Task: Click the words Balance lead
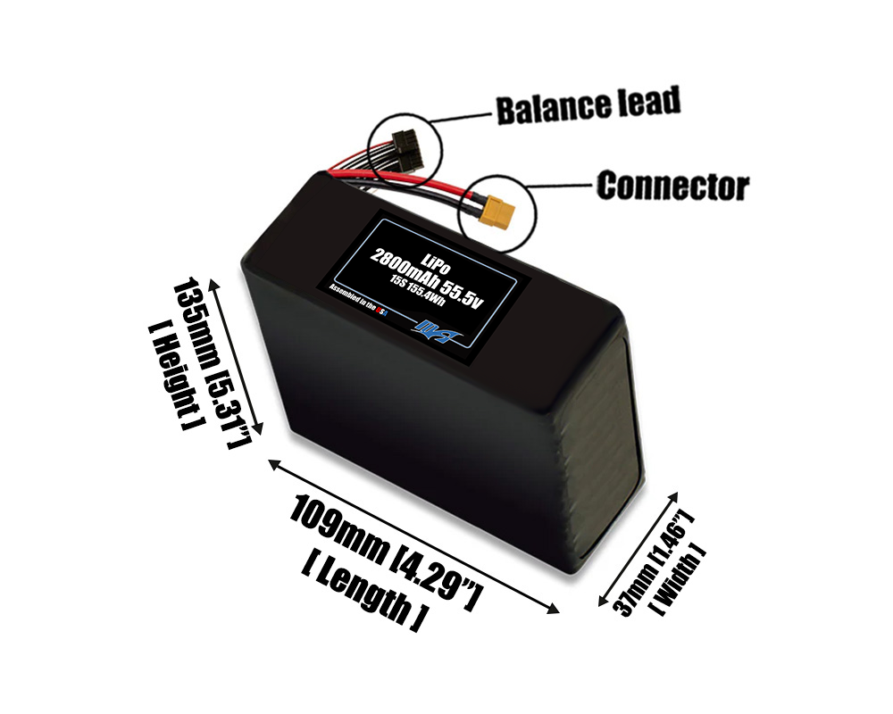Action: [x=587, y=105]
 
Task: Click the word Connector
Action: [x=672, y=187]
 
